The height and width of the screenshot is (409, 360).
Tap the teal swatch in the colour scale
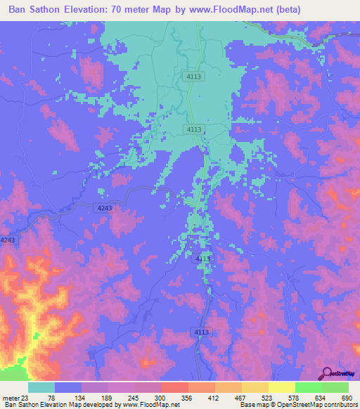pyautogui.click(x=41, y=387)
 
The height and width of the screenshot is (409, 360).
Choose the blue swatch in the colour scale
pyautogui.click(x=68, y=387)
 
